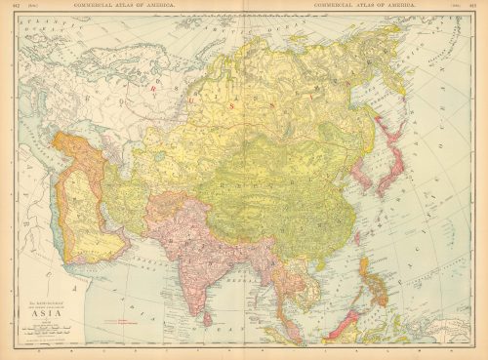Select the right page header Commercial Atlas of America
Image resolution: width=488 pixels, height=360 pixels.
tap(360, 7)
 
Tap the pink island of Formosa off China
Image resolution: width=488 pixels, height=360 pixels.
tap(357, 237)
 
